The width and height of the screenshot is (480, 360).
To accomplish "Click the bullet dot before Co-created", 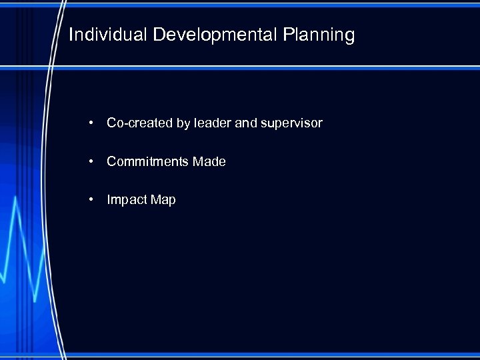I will (x=89, y=123).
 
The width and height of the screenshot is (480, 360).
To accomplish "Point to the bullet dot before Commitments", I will (x=89, y=162).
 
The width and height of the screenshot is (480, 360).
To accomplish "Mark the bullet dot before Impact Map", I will (x=89, y=200).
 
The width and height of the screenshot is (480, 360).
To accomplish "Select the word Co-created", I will (x=131, y=123).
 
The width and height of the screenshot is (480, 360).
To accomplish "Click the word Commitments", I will (x=147, y=162).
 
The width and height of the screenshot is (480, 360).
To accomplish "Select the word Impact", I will (x=127, y=200).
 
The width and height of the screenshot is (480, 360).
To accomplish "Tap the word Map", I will (x=163, y=200).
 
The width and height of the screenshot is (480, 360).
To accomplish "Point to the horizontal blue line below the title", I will (x=267, y=68).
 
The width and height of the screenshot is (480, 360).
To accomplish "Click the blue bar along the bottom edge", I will (x=267, y=355).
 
